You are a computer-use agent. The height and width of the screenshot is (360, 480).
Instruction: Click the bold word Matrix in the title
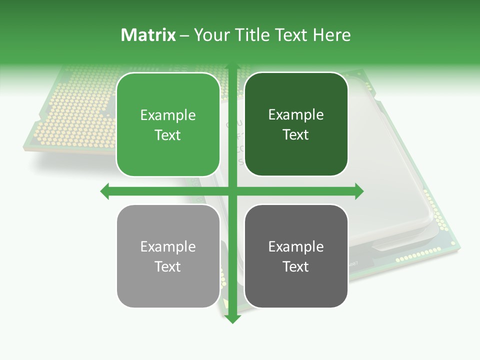pyautogui.click(x=148, y=35)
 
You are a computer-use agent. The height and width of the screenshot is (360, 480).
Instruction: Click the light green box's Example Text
pyautogui.click(x=168, y=125)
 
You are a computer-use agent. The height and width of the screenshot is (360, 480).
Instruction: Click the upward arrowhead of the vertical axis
pyautogui.click(x=232, y=67)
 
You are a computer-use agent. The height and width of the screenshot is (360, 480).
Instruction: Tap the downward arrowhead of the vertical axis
pyautogui.click(x=232, y=318)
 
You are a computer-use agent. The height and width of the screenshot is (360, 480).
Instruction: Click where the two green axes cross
pyautogui.click(x=232, y=191)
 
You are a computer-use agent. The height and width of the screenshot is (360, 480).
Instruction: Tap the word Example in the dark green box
pyautogui.click(x=296, y=115)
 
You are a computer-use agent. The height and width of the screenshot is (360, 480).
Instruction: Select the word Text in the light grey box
pyautogui.click(x=168, y=266)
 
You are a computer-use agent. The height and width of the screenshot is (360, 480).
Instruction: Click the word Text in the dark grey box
pyautogui.click(x=296, y=266)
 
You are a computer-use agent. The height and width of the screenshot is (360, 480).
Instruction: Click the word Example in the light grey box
pyautogui.click(x=168, y=246)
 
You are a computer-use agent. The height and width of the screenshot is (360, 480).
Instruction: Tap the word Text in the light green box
pyautogui.click(x=168, y=135)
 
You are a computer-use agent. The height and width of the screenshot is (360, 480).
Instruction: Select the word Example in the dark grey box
pyautogui.click(x=296, y=246)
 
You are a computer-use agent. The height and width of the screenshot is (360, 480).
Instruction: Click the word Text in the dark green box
pyautogui.click(x=296, y=134)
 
